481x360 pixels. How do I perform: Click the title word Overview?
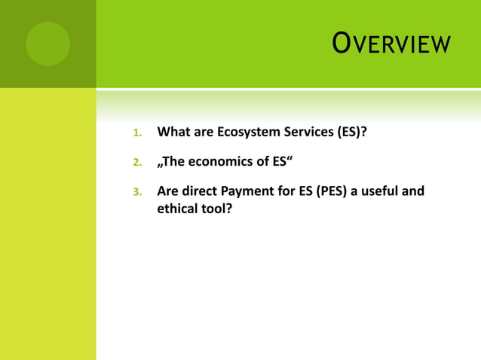[x=391, y=44]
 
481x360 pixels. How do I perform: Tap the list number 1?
[x=136, y=134]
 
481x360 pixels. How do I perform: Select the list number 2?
[x=136, y=163]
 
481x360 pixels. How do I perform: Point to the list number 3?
[x=136, y=192]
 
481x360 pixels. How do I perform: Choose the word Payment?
[x=254, y=191]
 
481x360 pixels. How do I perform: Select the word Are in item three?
[x=168, y=191]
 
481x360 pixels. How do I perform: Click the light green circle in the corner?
[x=47, y=44]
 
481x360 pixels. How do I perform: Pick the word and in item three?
[x=413, y=191]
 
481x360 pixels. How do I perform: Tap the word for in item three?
[x=293, y=191]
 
